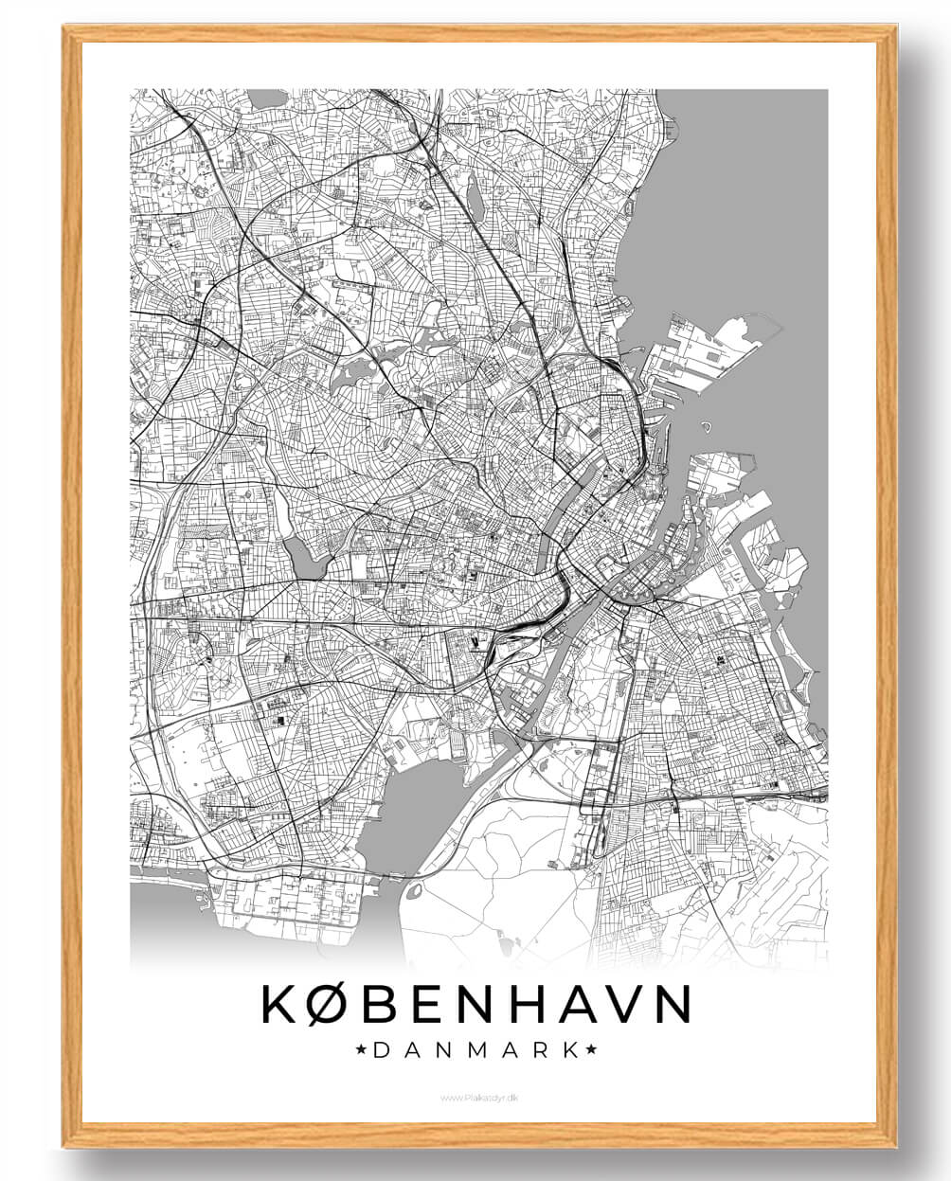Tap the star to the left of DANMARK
(362, 1049)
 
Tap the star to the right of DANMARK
(591, 1049)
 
